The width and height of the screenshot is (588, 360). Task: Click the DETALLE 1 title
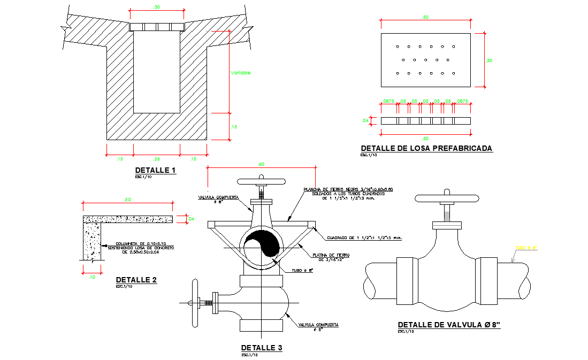[x=155, y=171]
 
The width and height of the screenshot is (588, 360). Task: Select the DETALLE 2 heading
[x=136, y=280]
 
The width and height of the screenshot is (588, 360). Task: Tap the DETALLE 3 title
[x=261, y=348]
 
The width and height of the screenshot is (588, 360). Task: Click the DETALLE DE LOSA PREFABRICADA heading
[x=426, y=148]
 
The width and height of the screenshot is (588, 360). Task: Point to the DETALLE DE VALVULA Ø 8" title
[x=449, y=325]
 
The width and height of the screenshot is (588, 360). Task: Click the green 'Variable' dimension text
[x=240, y=73]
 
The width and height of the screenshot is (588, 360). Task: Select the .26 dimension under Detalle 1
[x=156, y=158]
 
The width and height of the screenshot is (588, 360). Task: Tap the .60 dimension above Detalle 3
[x=261, y=164]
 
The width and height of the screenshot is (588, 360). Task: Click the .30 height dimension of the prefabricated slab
[x=488, y=60]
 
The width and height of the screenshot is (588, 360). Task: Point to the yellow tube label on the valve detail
[x=525, y=248]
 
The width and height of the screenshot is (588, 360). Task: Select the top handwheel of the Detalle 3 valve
[x=262, y=182]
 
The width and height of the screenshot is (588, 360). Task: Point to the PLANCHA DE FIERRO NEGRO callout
[x=348, y=191]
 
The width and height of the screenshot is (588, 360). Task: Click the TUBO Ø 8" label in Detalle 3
[x=302, y=271]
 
